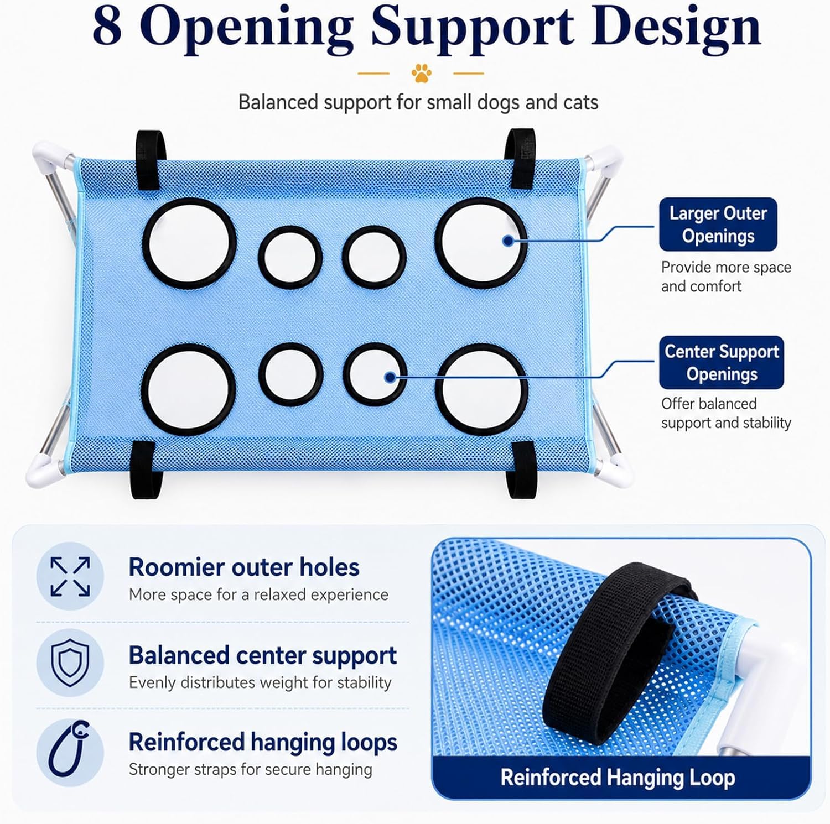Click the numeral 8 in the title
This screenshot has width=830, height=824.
click(107, 28)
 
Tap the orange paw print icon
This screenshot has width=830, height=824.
click(422, 73)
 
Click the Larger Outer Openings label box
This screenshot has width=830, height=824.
click(718, 225)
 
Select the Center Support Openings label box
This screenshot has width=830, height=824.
click(722, 363)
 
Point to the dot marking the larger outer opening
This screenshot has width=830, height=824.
click(508, 241)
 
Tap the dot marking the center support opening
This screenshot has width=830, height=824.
click(390, 378)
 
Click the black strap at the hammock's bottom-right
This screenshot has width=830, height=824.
click(522, 470)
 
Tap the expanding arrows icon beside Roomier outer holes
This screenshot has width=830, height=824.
click(70, 576)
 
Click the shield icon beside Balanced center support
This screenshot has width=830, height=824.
click(70, 663)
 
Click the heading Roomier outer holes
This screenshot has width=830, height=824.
click(244, 567)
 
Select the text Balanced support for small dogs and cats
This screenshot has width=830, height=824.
click(418, 103)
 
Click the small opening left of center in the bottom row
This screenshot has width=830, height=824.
click(291, 374)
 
